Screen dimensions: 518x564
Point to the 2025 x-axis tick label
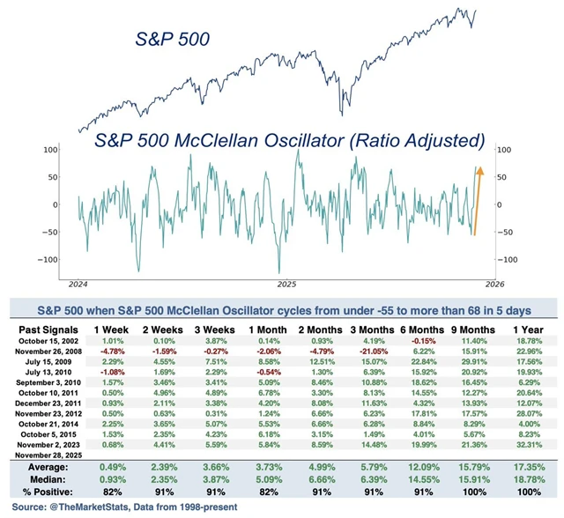(286, 285)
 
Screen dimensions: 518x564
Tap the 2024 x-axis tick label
(78, 285)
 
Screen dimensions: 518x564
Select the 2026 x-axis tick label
(494, 285)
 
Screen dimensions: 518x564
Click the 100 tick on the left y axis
(50, 151)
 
